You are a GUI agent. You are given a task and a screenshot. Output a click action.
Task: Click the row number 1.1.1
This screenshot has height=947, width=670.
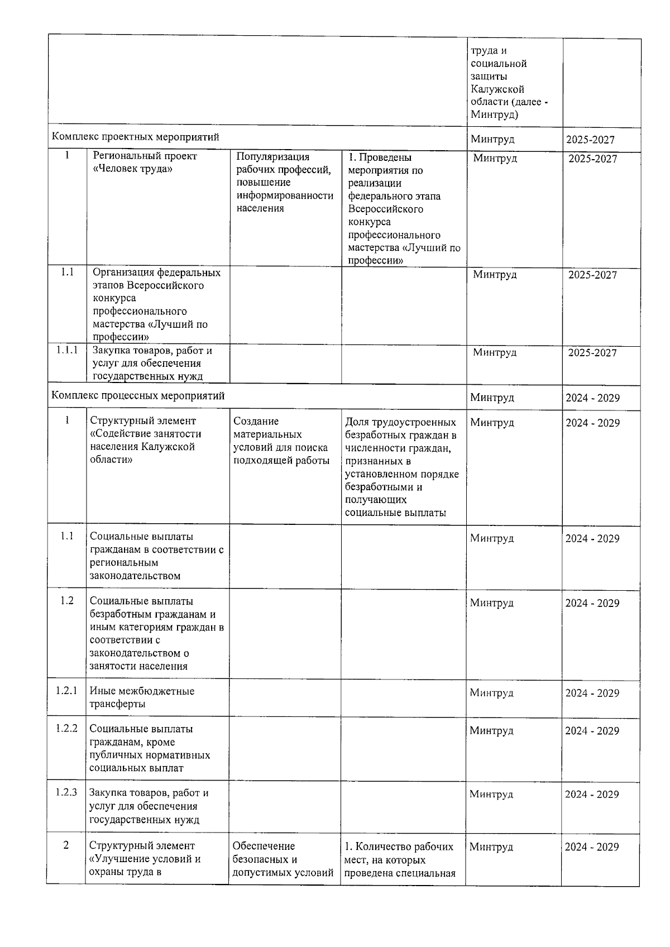[x=66, y=350]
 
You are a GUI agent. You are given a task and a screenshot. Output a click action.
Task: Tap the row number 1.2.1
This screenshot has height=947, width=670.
[x=66, y=691]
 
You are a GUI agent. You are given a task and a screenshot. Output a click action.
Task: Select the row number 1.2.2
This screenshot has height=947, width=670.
[x=66, y=728]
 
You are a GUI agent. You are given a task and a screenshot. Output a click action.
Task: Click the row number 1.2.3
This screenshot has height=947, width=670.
[x=66, y=792]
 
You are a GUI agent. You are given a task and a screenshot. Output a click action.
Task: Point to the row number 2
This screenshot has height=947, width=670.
[x=66, y=845]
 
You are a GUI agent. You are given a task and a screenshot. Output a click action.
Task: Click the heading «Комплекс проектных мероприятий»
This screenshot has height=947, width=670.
[x=136, y=137]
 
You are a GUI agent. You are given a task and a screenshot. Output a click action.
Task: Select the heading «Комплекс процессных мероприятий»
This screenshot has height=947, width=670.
[x=138, y=396]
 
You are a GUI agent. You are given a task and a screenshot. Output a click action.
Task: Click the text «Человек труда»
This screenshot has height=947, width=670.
[x=132, y=169]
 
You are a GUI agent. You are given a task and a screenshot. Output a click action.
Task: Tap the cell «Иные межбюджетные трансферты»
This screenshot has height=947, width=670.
[x=142, y=697]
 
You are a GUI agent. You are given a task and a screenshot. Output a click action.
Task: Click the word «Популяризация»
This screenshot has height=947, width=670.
[x=272, y=157]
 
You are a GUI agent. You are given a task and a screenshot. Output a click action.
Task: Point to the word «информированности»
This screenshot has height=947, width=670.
[x=285, y=195]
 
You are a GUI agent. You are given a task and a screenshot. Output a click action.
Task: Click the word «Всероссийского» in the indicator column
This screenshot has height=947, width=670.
[x=385, y=209]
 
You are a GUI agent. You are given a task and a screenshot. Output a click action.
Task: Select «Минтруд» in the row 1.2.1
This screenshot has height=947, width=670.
[x=491, y=693]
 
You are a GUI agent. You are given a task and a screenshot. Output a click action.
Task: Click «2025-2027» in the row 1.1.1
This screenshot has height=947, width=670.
[x=592, y=352]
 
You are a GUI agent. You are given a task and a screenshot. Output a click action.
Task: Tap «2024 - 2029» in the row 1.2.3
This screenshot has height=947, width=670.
[x=592, y=794]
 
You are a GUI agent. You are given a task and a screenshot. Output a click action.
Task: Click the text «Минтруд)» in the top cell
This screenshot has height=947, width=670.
[x=494, y=115]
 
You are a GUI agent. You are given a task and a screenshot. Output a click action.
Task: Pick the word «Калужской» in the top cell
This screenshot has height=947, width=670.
[x=497, y=89]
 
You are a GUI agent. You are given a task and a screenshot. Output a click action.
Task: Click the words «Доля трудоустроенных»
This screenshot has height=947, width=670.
[x=400, y=422]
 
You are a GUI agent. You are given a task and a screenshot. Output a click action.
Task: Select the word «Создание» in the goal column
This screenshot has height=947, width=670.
[x=256, y=421]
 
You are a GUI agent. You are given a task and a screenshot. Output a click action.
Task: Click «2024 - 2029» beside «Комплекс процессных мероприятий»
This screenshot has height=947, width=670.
[x=592, y=398]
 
